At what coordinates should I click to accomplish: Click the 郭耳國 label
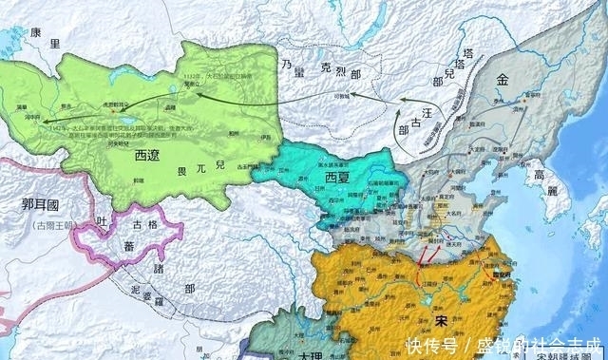click(x=32, y=204)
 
